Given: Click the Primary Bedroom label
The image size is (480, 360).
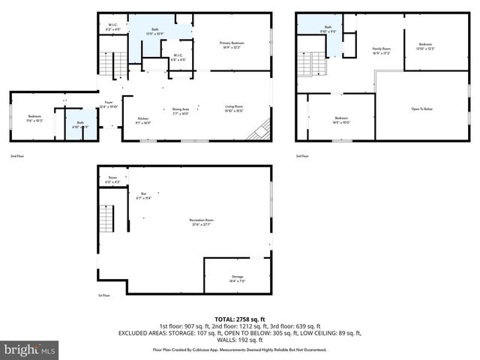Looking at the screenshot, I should (232, 44).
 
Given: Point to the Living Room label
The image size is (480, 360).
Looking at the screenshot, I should (234, 109).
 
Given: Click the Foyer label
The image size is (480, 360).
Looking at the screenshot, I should (109, 104).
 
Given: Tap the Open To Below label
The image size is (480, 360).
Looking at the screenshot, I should (422, 109).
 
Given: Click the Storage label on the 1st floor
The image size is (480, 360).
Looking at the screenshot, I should (237, 278).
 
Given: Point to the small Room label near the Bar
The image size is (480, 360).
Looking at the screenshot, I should (112, 179).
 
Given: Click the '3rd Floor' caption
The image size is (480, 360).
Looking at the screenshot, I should (302, 156).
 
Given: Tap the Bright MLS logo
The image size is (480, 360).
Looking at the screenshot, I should (30, 349).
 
